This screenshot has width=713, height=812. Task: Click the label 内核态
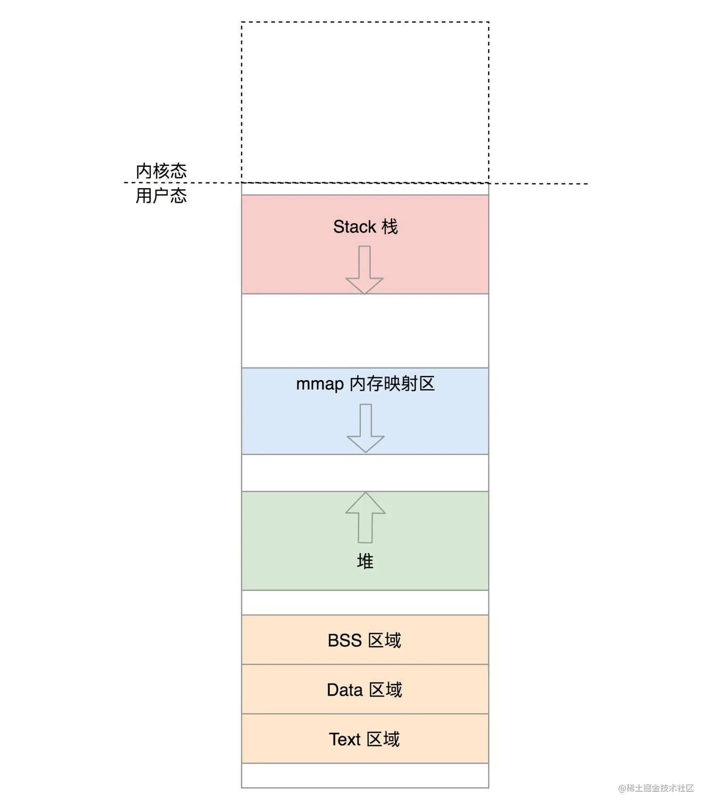tap(161, 171)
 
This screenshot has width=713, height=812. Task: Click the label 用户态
tap(161, 196)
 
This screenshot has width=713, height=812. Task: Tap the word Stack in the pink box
tap(355, 227)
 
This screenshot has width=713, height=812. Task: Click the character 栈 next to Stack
tap(390, 227)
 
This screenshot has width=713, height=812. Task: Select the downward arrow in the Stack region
tap(365, 270)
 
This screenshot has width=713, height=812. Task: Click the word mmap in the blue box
tap(320, 384)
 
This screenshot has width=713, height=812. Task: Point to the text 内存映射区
tap(392, 384)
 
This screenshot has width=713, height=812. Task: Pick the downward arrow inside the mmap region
tap(365, 428)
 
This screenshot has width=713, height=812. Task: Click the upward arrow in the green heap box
tap(365, 517)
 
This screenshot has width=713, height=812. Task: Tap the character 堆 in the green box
tap(365, 561)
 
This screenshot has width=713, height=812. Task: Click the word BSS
tap(345, 640)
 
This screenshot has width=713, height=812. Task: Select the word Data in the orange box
tap(345, 690)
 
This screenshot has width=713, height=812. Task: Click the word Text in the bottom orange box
tap(345, 739)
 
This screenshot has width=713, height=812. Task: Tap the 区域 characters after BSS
tap(384, 640)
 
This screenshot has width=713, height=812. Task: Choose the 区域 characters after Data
tap(385, 690)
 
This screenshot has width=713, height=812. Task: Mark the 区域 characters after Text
tap(383, 739)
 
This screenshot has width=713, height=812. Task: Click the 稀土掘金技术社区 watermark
tap(656, 788)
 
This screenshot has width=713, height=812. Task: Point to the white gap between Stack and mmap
tap(365, 331)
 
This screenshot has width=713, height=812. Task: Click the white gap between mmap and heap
tap(365, 473)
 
